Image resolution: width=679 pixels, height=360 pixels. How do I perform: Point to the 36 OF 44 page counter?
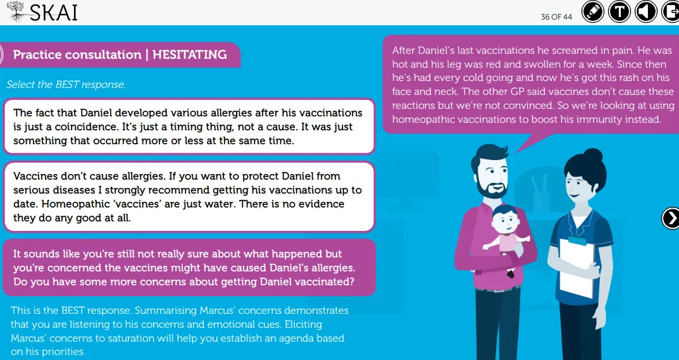tap(556, 17)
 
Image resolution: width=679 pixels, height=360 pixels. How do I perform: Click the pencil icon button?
tap(593, 11)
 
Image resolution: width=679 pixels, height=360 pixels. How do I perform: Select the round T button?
tap(620, 11)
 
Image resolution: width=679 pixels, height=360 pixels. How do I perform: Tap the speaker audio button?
tap(645, 11)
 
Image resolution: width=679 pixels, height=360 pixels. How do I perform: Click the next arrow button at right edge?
tap(671, 218)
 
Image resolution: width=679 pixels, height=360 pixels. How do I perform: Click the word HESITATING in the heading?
tap(190, 54)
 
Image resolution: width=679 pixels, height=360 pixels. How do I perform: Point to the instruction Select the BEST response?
tap(66, 85)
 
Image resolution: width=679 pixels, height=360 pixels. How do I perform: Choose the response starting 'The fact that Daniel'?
tap(189, 127)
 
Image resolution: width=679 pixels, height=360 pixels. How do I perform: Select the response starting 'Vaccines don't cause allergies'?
tap(189, 197)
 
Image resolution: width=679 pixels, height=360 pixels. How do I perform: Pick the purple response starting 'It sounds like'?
tap(189, 268)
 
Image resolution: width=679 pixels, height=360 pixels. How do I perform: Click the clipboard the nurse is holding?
tap(577, 266)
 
